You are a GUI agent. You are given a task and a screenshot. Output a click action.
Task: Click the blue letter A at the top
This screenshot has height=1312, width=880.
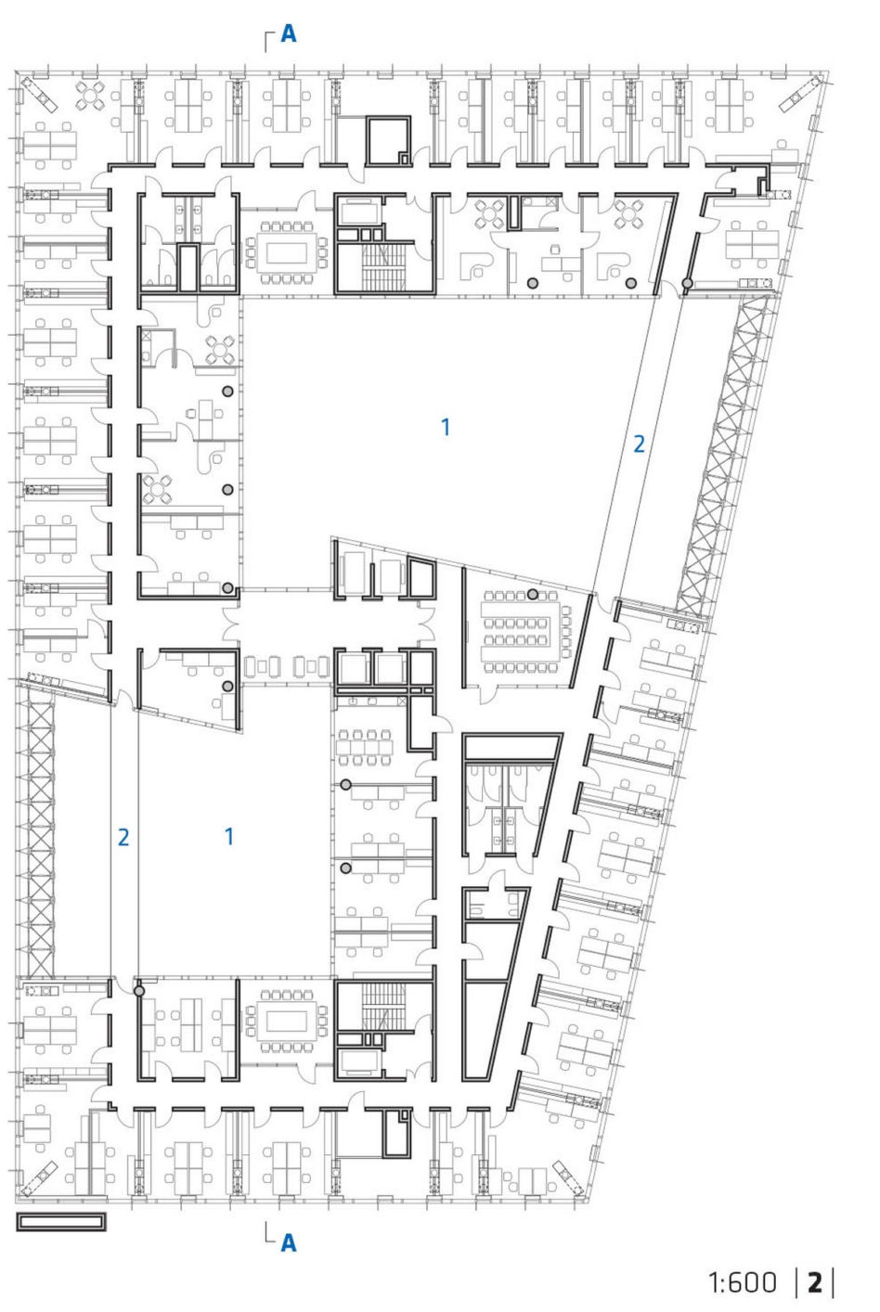click(x=289, y=34)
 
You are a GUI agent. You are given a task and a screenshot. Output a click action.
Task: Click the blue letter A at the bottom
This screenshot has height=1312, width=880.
click(x=289, y=1242)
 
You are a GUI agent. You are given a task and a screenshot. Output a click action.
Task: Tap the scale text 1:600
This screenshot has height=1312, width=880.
click(x=743, y=1282)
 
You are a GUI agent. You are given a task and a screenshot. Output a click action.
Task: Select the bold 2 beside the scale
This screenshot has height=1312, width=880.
click(x=815, y=1282)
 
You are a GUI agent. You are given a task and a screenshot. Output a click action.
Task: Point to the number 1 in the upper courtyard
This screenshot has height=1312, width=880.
click(x=446, y=427)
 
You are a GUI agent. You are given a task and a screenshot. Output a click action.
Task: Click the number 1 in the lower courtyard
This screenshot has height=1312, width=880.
click(x=229, y=836)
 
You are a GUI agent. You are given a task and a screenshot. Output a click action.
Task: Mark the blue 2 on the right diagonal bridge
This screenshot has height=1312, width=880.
click(x=639, y=444)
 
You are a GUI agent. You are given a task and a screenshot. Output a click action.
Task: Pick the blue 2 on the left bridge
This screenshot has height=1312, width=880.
click(x=123, y=837)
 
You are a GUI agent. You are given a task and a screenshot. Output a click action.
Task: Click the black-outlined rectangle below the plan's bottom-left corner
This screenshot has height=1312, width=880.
click(x=61, y=1221)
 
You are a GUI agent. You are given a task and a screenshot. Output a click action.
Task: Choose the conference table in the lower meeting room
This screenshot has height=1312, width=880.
click(x=287, y=1022)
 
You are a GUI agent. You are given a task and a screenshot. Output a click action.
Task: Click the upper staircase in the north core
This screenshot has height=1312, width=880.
click(x=383, y=266)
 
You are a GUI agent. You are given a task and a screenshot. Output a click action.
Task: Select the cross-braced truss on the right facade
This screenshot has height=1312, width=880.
click(x=723, y=456)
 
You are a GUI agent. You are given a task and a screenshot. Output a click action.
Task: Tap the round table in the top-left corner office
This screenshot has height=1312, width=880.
click(x=90, y=96)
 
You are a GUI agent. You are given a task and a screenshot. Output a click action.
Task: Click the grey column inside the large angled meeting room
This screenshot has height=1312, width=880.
click(x=532, y=595)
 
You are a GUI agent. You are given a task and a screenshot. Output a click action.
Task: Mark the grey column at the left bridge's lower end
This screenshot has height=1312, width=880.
click(x=139, y=990)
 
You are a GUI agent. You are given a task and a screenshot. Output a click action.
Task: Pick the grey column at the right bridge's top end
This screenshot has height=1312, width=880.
click(x=687, y=284)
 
